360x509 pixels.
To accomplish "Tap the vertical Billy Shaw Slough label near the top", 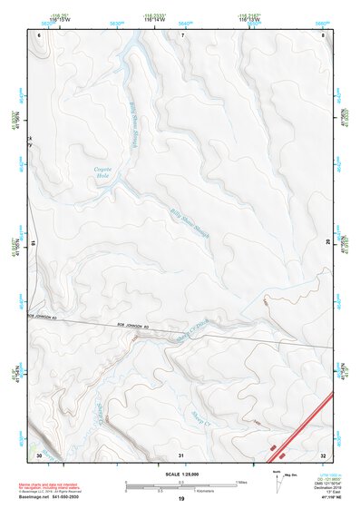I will [x=136, y=113].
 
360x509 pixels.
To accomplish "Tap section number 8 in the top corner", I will [x=324, y=34].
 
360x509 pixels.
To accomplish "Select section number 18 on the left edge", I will [x=34, y=243].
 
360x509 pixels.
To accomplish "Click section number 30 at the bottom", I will [x=39, y=454].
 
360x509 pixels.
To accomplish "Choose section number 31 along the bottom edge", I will [x=181, y=454].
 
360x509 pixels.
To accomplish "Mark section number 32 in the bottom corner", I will [x=324, y=454].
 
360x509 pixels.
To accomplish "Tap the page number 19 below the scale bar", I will [x=180, y=500].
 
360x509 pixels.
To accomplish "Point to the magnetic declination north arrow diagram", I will [x=277, y=481].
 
